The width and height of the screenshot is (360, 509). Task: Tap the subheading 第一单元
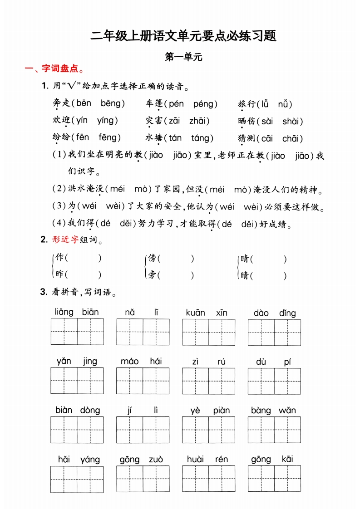tap(183, 57)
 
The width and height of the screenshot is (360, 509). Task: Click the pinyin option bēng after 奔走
tap(111, 103)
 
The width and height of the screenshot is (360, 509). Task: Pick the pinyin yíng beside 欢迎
tap(106, 121)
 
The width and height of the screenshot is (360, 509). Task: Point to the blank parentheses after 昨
tap(84, 274)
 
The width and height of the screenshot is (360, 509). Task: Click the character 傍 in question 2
tap(152, 258)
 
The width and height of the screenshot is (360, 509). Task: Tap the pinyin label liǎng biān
tap(77, 312)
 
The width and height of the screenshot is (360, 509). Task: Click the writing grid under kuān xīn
tap(208, 332)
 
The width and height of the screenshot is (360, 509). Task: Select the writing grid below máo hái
tap(143, 381)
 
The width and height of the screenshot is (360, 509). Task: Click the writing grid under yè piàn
tap(208, 430)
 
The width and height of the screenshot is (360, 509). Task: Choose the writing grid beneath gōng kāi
tap(274, 479)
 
